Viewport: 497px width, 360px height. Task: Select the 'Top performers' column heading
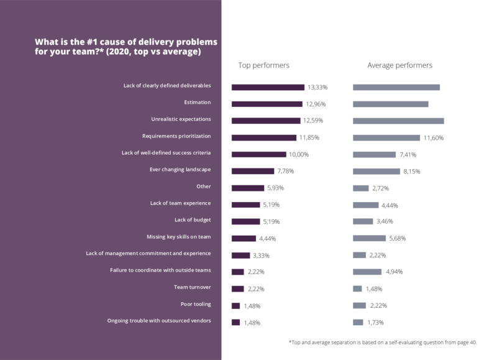264,65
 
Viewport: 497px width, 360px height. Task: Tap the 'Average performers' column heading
400,65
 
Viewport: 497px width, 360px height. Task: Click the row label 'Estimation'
197,102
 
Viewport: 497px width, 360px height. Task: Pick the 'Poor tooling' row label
196,305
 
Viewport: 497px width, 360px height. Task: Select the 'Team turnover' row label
192,288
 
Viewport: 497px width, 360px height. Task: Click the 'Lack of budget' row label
193,220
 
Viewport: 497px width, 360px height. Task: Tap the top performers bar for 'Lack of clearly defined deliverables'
268,87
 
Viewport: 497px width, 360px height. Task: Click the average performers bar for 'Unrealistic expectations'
398,121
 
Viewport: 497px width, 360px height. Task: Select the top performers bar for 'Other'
247,188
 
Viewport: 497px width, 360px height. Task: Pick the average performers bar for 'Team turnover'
357,288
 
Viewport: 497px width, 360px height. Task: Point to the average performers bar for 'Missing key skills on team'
369,238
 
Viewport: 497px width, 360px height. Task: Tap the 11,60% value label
434,137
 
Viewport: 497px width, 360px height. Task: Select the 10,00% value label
298,154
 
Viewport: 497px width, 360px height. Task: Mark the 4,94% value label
394,272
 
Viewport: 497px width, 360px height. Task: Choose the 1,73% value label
376,322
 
